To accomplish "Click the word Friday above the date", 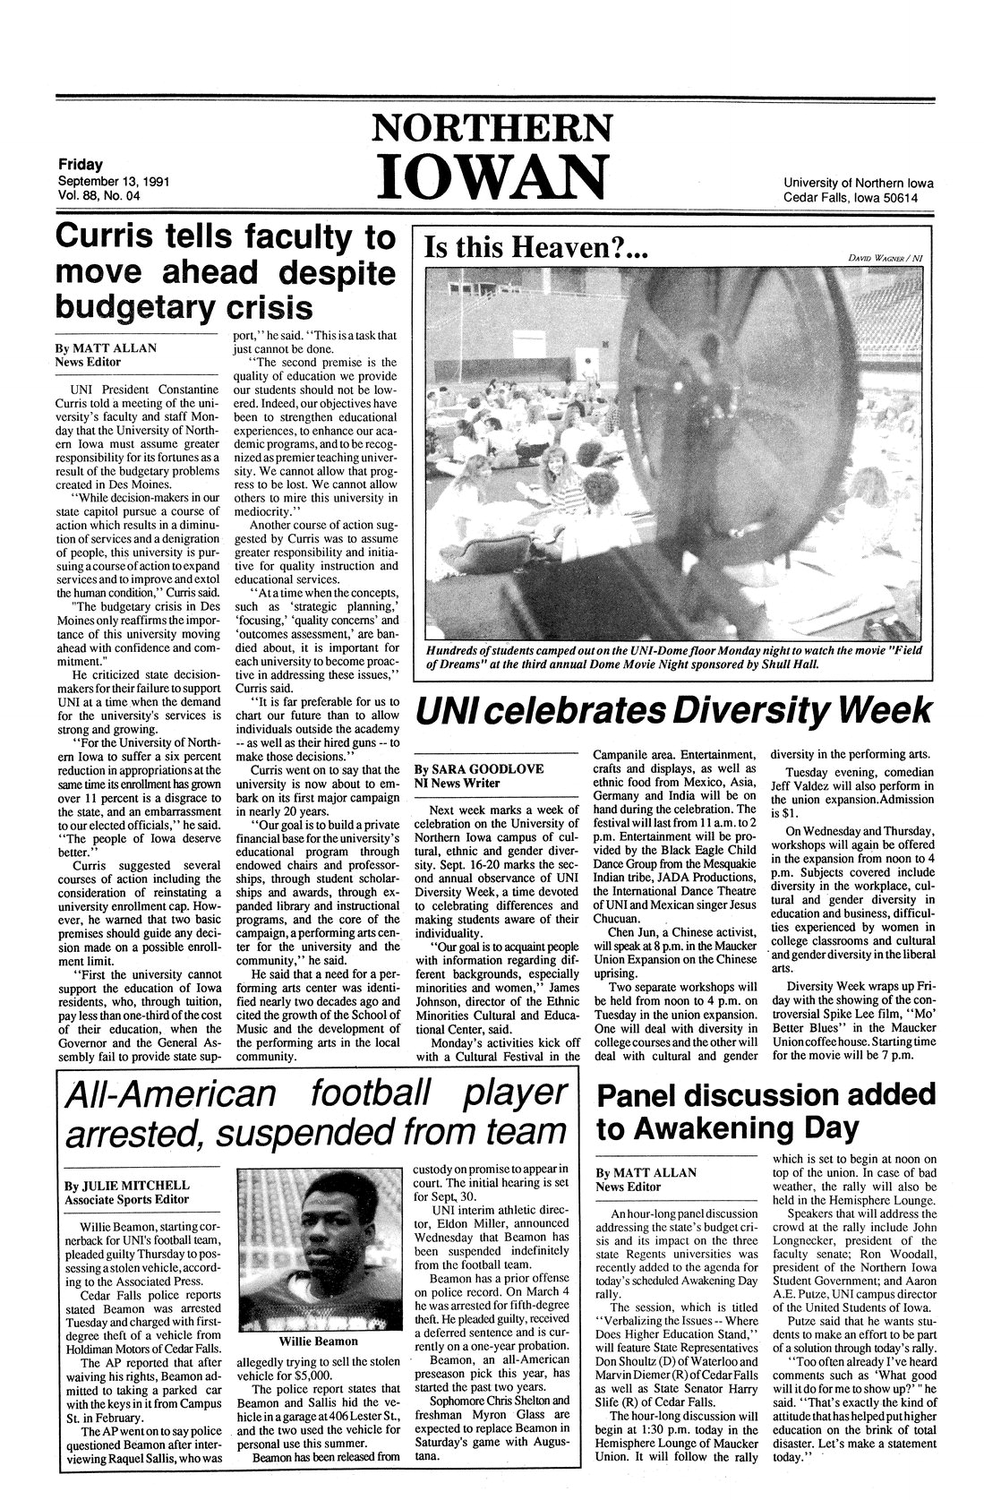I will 80,165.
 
